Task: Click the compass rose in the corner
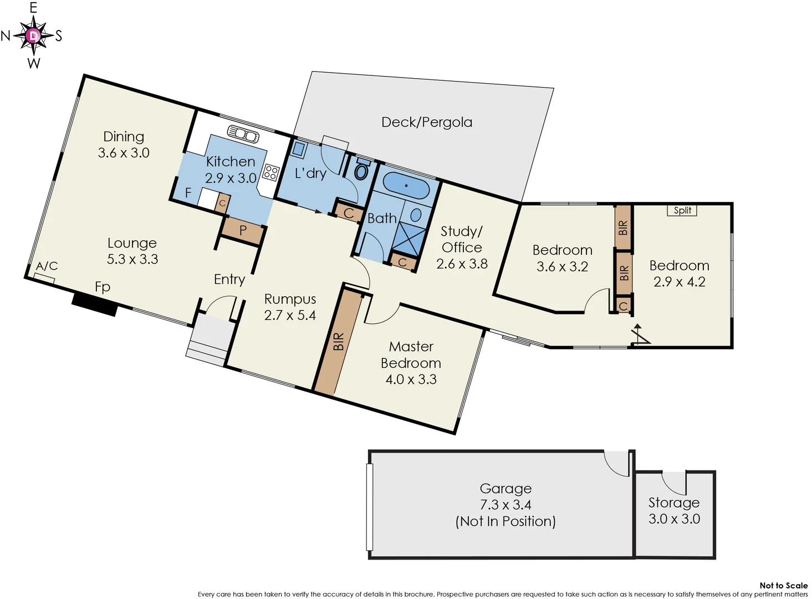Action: click(34, 36)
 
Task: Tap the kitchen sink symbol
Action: click(243, 134)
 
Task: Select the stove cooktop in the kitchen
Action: click(270, 172)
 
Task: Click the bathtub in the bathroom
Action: click(406, 186)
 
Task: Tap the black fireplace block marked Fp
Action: click(95, 304)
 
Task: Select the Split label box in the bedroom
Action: click(682, 210)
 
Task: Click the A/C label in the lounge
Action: click(47, 266)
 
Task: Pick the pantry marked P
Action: click(243, 231)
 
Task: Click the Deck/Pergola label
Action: click(427, 122)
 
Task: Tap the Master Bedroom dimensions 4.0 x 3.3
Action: click(411, 379)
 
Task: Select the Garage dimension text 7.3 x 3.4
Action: click(505, 505)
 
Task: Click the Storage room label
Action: click(674, 502)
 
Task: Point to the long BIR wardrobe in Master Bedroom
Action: click(338, 342)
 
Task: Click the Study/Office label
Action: click(462, 239)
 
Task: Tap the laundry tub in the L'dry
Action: click(299, 149)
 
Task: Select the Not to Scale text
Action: click(783, 585)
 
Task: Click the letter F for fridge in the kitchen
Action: click(188, 192)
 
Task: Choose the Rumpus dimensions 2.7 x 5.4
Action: click(290, 315)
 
